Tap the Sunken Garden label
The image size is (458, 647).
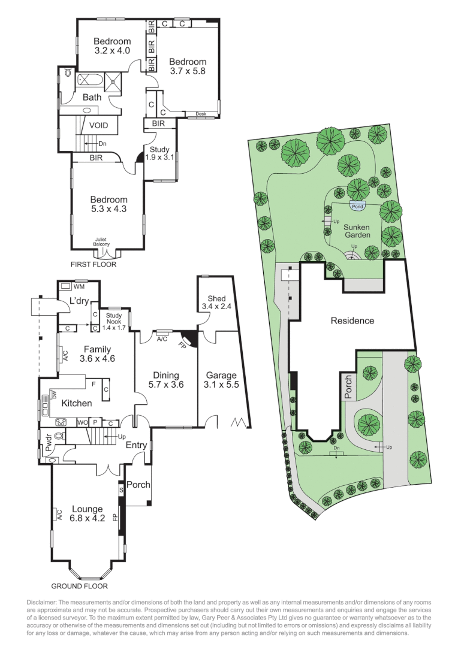(357, 231)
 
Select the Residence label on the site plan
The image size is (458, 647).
(352, 321)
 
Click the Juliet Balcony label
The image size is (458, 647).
(101, 241)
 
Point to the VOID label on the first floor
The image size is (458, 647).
(98, 126)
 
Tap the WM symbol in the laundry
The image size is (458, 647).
(79, 287)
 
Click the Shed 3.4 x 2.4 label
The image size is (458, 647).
(216, 303)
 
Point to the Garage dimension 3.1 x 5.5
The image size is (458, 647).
(221, 385)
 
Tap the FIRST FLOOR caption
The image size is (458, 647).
(93, 264)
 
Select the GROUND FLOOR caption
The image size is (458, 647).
(80, 586)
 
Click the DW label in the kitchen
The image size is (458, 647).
(53, 395)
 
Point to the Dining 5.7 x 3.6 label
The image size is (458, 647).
(166, 380)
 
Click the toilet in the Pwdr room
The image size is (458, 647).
(59, 437)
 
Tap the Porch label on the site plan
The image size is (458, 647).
(349, 387)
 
